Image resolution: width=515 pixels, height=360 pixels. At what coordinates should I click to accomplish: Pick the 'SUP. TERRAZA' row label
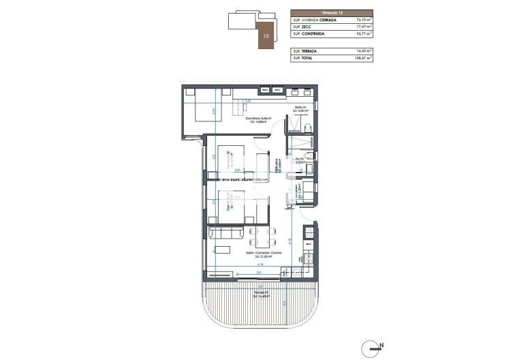[x=307, y=51]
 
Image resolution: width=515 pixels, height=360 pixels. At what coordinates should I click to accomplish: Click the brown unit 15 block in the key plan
[x=264, y=35]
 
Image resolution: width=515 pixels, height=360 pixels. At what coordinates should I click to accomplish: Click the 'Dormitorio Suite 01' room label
[x=259, y=119]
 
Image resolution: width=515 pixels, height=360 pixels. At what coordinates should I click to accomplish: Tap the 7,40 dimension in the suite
[x=248, y=101]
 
